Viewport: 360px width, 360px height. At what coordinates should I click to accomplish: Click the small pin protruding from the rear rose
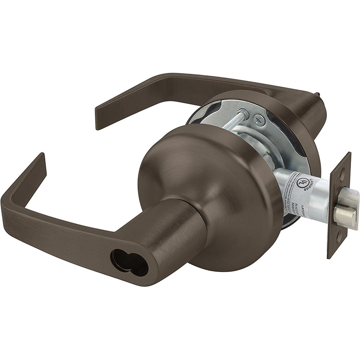coord(317,95)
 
